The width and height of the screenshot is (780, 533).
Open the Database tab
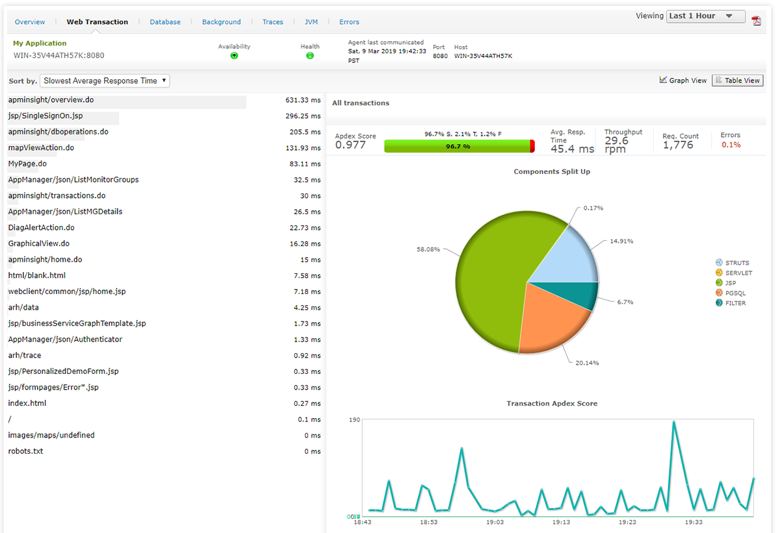click(165, 22)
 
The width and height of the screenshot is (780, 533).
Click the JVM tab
click(311, 22)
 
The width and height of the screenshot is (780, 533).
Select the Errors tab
click(349, 22)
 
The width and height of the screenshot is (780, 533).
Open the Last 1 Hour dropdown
click(706, 16)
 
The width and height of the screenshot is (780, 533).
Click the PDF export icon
click(756, 20)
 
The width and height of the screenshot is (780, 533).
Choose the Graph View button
click(682, 81)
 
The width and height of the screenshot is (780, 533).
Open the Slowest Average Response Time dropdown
click(105, 81)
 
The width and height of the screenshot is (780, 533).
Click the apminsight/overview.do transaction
click(51, 101)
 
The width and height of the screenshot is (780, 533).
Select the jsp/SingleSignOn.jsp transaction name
click(45, 116)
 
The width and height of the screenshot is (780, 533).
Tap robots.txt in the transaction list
click(25, 451)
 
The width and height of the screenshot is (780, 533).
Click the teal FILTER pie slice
click(582, 295)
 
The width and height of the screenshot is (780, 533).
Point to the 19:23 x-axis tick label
click(627, 522)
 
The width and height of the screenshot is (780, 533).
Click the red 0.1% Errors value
click(731, 145)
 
